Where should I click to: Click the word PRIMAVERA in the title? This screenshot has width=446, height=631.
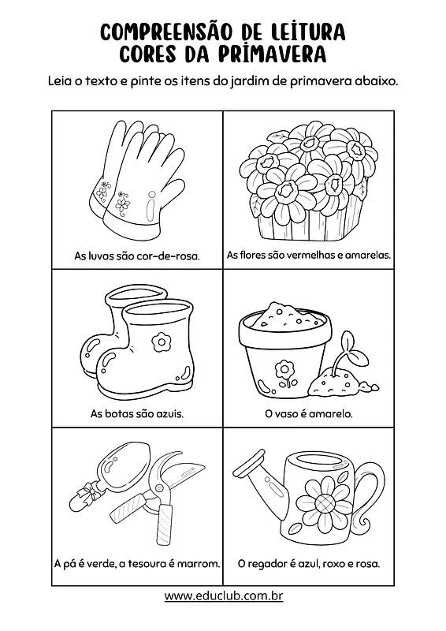click(x=273, y=54)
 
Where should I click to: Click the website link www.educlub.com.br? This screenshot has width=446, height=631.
click(x=224, y=596)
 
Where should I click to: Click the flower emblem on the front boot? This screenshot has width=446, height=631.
click(x=162, y=342)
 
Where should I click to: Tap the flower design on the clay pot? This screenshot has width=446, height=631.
click(x=284, y=372)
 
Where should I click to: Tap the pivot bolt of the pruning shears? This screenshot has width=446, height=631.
click(x=159, y=488)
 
